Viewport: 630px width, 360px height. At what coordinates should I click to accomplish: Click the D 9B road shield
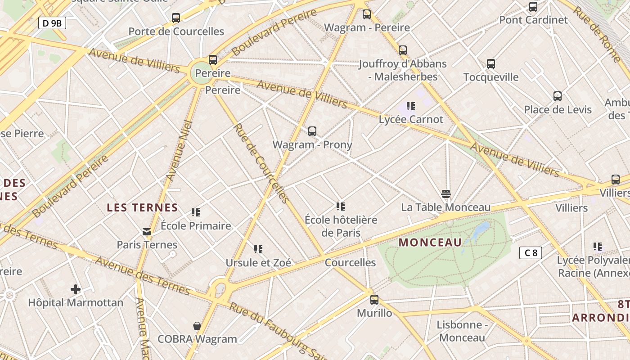[52, 23]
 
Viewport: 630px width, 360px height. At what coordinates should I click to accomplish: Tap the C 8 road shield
[531, 253]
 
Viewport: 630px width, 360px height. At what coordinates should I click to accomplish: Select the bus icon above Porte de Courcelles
[176, 18]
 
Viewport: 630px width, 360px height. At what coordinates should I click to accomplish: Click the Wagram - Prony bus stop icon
[312, 131]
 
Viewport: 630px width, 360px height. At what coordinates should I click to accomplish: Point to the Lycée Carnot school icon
[410, 106]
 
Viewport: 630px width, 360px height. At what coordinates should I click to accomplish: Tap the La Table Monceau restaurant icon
[446, 194]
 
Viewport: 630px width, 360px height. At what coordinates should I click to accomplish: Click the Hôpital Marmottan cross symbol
[75, 289]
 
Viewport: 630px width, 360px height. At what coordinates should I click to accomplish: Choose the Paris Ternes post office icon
[147, 232]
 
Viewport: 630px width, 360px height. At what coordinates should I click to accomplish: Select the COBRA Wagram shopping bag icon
[197, 325]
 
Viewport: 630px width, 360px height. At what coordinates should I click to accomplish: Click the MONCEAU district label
[430, 243]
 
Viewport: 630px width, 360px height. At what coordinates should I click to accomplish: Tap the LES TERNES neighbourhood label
[142, 207]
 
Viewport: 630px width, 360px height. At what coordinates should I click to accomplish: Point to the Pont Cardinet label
[533, 20]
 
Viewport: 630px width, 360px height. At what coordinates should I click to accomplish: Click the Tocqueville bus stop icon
[491, 64]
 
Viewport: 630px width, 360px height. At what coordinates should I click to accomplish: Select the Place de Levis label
[558, 109]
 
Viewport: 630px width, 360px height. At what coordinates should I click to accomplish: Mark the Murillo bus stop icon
[374, 300]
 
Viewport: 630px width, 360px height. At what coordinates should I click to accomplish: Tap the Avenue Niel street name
[179, 151]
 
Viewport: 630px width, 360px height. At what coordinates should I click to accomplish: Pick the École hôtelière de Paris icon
[341, 207]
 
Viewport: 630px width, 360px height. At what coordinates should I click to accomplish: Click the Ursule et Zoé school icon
[258, 249]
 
